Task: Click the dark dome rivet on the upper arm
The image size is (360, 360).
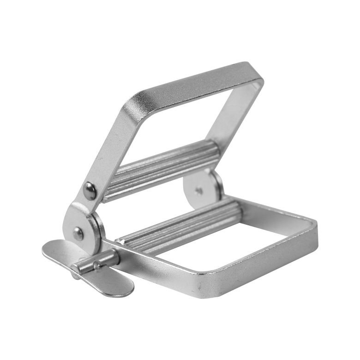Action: tap(90, 191)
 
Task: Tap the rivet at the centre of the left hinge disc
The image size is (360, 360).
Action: tap(78, 234)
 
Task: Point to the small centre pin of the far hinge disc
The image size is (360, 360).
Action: tap(199, 190)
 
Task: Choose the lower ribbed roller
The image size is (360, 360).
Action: tap(180, 226)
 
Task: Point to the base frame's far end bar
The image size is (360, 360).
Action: tap(277, 210)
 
